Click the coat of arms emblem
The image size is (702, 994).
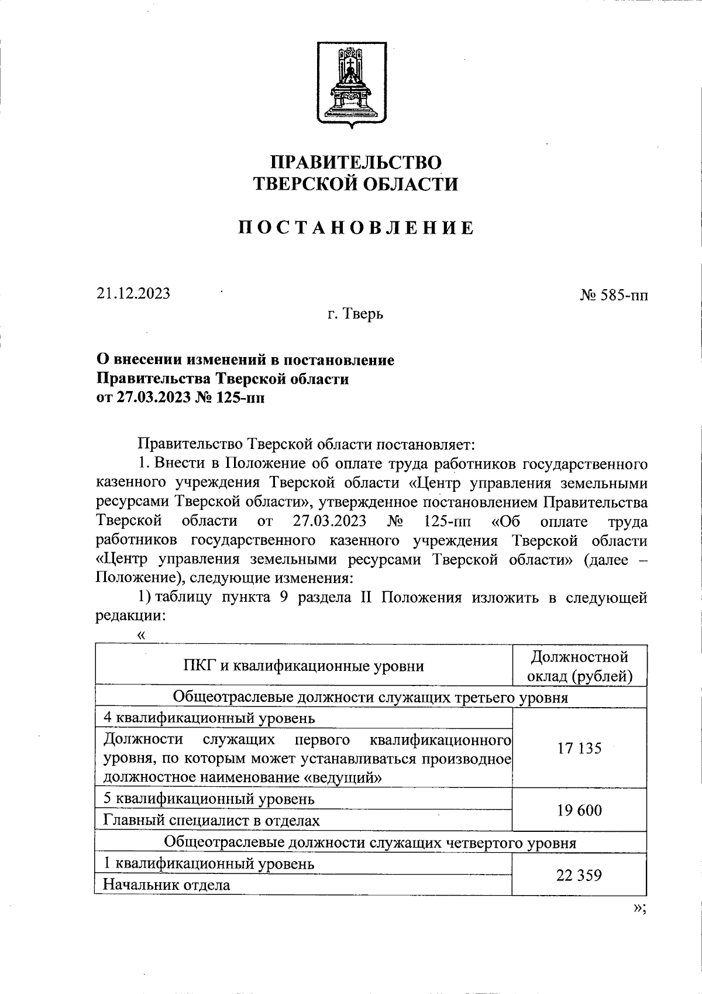coord(352,83)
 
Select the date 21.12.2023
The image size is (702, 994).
coord(134,293)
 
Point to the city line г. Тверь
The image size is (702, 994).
coord(355,314)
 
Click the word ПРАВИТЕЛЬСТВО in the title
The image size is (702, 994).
coord(355,162)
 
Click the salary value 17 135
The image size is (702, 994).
coord(579,748)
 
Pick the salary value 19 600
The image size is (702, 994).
coord(579,811)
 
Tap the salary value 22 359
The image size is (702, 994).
coord(579,875)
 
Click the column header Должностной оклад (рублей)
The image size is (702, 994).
coord(580,666)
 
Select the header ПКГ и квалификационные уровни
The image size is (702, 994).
coord(304,666)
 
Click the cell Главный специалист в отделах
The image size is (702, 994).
coord(211,821)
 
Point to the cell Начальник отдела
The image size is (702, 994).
coord(167,885)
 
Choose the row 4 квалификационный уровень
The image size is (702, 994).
coord(209,718)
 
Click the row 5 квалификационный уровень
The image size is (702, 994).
coord(209,799)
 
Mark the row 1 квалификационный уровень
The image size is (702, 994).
coord(209,863)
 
